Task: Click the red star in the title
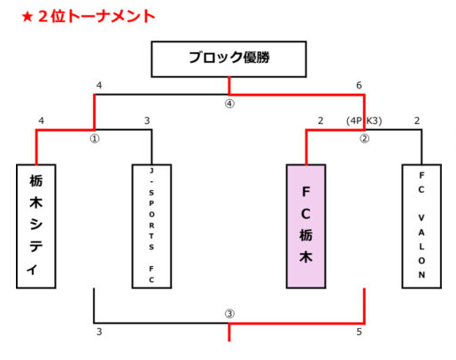click(27, 17)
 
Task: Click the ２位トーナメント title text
click(97, 17)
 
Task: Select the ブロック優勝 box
click(228, 59)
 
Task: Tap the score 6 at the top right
click(359, 85)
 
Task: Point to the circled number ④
click(229, 103)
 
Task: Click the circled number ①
click(95, 139)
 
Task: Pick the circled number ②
click(364, 139)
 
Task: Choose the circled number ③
click(229, 313)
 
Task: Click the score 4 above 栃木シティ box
click(42, 120)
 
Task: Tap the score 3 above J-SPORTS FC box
click(147, 120)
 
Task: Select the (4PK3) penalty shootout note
click(364, 120)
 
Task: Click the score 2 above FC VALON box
click(417, 120)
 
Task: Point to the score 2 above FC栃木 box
click(321, 120)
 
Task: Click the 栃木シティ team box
click(36, 226)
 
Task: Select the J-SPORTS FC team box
click(151, 226)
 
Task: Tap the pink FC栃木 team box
click(306, 226)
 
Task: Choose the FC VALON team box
click(421, 226)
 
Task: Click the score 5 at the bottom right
click(359, 332)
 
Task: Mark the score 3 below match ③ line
click(99, 332)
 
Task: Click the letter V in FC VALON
click(421, 218)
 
